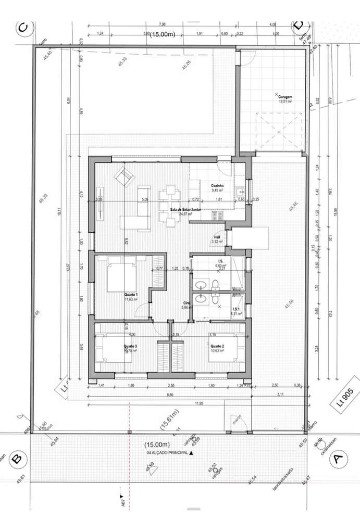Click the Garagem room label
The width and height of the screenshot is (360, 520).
pos(284,97)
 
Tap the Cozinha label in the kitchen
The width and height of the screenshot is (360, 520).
pos(217,186)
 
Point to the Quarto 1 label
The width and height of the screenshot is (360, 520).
pos(131,294)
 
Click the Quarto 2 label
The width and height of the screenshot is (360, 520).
pos(217,346)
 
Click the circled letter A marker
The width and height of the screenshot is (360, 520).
pos(338,459)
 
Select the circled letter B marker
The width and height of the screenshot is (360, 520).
pos(17,459)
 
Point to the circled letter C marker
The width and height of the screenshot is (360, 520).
pos(21,28)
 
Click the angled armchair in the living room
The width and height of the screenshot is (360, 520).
pos(125,177)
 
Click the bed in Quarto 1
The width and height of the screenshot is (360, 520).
pos(121,277)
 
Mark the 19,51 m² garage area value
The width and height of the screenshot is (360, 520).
pos(284,102)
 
